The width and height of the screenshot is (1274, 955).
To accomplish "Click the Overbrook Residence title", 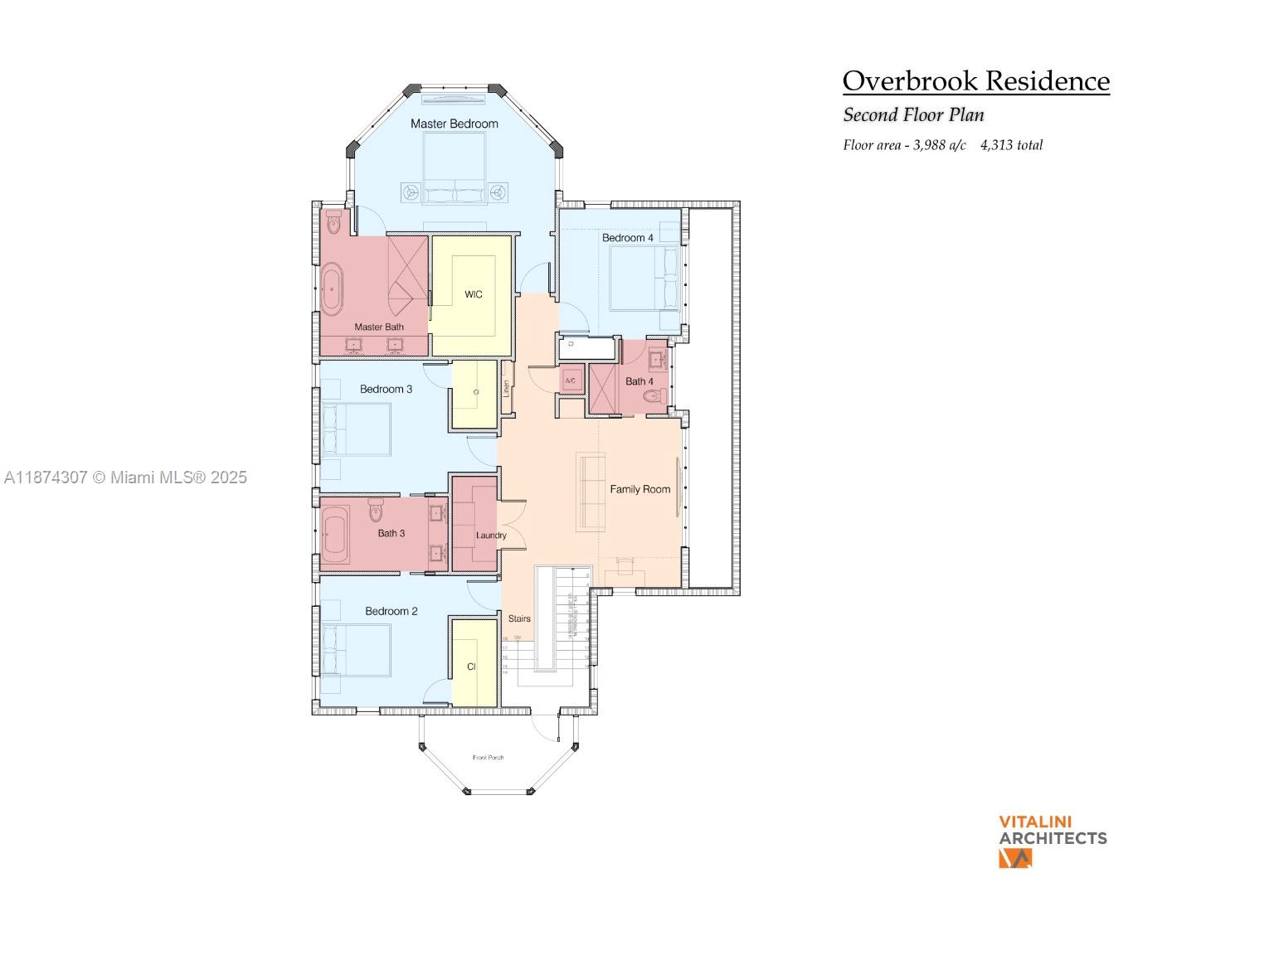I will [x=975, y=81].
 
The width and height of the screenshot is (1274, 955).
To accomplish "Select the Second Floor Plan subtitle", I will [x=913, y=114].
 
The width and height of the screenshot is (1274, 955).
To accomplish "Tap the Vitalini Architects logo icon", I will [x=1015, y=858].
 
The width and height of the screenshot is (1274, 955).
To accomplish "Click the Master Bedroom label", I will [x=455, y=124].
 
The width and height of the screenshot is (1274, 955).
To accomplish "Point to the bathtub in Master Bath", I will [x=332, y=289].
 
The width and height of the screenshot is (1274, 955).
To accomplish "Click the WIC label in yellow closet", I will [x=473, y=294].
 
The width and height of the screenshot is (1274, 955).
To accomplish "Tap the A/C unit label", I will [x=571, y=381].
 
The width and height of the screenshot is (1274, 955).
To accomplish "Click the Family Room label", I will [x=639, y=489].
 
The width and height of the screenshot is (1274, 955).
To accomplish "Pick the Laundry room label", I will [x=491, y=536].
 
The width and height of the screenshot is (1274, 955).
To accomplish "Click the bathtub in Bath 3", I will [x=336, y=535].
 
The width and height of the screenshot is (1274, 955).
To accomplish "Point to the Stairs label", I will [x=519, y=618].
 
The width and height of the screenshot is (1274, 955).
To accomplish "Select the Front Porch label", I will [x=488, y=758].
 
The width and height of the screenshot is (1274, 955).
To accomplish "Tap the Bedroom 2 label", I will [x=391, y=611].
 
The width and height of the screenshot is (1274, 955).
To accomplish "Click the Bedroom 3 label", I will [x=386, y=389].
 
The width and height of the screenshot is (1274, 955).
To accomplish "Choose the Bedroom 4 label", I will [x=627, y=238].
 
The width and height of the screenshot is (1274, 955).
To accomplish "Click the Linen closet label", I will [x=506, y=389].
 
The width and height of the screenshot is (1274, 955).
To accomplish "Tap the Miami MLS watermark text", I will [x=125, y=477].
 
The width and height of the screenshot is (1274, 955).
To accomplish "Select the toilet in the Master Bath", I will [x=334, y=223].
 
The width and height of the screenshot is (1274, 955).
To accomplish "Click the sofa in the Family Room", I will [x=591, y=491].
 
